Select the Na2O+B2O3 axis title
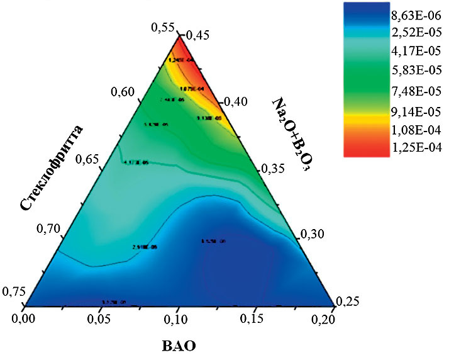pos(294,136)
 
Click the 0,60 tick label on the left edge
pos(124,93)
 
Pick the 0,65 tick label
pos(88,159)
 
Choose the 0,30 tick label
pos(310,234)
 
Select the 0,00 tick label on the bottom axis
pos(25,320)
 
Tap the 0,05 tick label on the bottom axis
pos(101,322)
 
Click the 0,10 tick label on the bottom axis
pos(178,322)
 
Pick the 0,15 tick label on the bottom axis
pos(255,322)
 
